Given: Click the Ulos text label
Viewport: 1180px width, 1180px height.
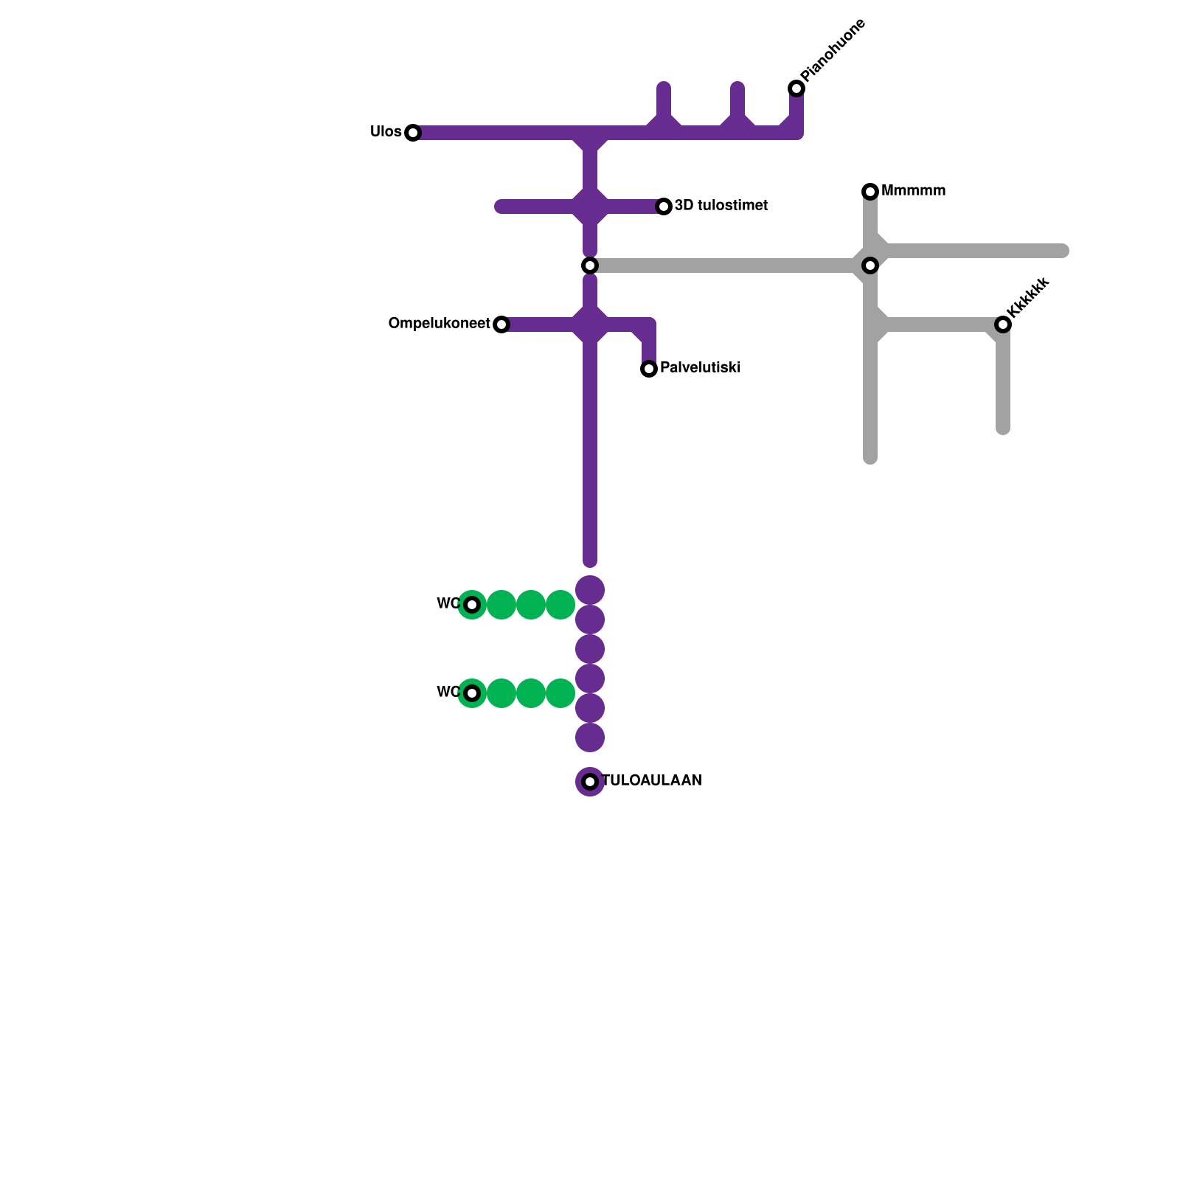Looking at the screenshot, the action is (386, 132).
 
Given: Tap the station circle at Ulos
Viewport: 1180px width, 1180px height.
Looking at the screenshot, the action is (413, 133).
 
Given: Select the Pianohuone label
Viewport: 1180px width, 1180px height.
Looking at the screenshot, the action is (833, 50).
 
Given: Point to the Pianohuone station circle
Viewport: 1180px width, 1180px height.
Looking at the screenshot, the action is (796, 88).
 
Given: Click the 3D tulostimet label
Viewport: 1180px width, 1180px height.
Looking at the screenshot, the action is (721, 206).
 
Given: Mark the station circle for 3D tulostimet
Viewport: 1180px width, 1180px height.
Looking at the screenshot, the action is (664, 206).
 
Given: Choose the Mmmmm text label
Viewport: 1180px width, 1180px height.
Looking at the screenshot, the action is (913, 191).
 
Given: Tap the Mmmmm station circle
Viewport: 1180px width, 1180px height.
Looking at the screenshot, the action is (870, 192).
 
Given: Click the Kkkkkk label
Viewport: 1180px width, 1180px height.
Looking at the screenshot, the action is (1027, 297).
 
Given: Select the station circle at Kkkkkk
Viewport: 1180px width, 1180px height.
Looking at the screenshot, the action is (1003, 324).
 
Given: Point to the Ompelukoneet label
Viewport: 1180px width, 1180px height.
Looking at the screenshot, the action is (439, 324).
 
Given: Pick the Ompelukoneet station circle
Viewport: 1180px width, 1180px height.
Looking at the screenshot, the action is (502, 324).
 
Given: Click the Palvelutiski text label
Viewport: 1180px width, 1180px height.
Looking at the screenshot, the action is (700, 368).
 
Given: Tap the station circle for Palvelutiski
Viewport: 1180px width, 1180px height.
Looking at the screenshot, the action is (649, 369).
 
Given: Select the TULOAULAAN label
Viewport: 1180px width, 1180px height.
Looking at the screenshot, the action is (652, 781).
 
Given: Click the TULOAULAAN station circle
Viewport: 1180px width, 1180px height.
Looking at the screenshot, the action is (590, 782).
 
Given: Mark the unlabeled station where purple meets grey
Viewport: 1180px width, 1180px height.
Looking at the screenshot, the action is (590, 265).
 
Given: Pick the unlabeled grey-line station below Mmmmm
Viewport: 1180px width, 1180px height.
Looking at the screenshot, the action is (870, 265).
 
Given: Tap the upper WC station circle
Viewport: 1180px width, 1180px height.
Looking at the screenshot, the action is (472, 605).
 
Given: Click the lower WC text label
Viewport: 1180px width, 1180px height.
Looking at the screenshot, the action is (448, 693).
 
